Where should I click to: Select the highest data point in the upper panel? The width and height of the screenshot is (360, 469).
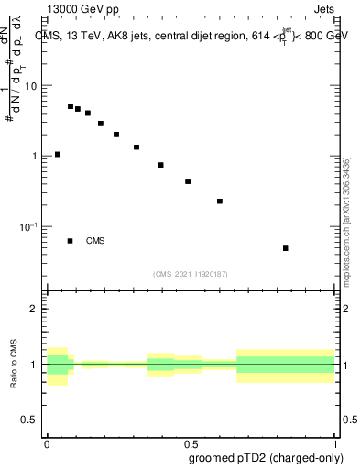click(71, 106)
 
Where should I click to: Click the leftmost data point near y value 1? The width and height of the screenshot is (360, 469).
click(58, 154)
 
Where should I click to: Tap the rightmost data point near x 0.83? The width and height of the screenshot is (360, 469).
click(286, 248)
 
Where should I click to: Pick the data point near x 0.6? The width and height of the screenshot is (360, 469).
click(220, 201)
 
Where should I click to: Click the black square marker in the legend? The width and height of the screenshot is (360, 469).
click(71, 241)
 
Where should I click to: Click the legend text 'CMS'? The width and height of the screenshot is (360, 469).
click(95, 241)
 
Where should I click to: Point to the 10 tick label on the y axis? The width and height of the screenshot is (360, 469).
click(32, 86)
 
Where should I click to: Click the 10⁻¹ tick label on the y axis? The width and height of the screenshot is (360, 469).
click(30, 226)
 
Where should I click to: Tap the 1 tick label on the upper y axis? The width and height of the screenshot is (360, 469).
click(36, 156)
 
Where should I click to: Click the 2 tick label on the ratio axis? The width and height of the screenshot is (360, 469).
click(36, 310)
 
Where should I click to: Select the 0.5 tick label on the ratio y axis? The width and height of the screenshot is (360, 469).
click(32, 420)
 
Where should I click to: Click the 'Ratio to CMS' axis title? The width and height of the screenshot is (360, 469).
click(14, 365)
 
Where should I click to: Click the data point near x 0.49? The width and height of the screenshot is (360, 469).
click(188, 181)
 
